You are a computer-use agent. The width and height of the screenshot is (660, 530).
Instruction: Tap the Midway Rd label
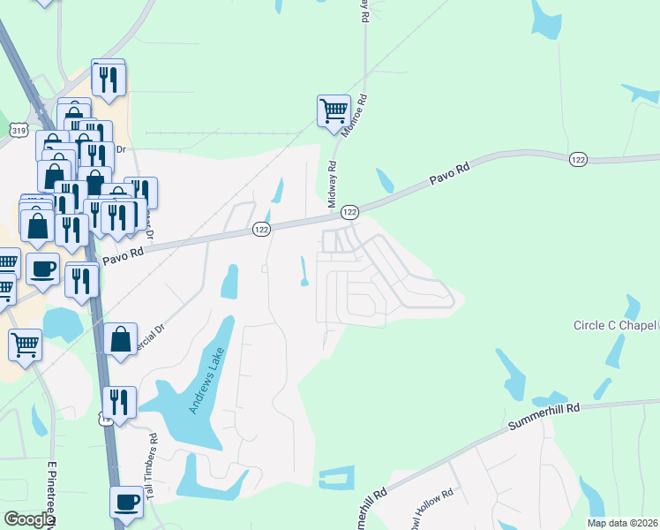point(333,184)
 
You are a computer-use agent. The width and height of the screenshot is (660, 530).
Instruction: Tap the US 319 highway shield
point(18,130)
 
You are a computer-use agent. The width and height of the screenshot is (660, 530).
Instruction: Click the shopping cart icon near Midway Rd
point(334,112)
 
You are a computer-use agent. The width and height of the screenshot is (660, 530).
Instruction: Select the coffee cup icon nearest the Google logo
point(126,502)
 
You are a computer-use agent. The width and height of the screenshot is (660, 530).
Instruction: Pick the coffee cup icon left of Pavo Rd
point(42,269)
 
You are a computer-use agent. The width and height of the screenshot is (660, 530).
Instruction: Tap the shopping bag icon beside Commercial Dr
point(120,339)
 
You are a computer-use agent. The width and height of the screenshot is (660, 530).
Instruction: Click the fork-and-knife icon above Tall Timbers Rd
point(119,403)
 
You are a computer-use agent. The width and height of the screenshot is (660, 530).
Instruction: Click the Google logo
point(29,519)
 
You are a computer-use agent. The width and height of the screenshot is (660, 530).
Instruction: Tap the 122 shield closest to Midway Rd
point(349,212)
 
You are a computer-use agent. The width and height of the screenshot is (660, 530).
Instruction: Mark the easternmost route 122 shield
point(578,158)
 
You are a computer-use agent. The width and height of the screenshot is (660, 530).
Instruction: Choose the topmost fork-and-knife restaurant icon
point(109,79)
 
